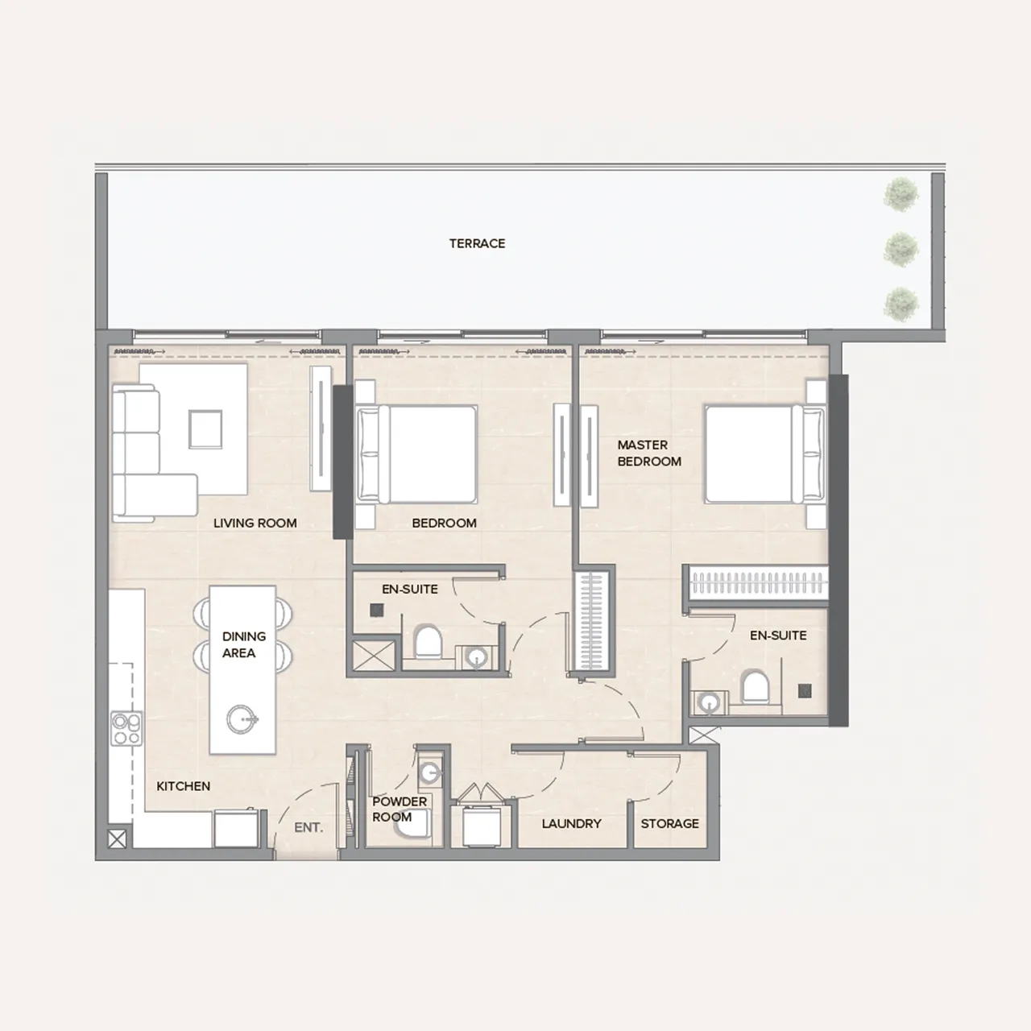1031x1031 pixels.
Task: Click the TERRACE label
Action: pyautogui.click(x=477, y=243)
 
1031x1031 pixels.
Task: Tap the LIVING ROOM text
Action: pyautogui.click(x=255, y=523)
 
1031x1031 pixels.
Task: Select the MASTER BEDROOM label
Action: pyautogui.click(x=649, y=453)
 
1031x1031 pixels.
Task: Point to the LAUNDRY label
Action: pyautogui.click(x=571, y=823)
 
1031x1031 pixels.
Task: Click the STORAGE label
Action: pyautogui.click(x=670, y=823)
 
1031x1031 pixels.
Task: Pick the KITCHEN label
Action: pyautogui.click(x=183, y=786)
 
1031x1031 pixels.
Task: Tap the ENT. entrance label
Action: pyautogui.click(x=308, y=827)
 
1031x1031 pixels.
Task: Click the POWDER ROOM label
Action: pyautogui.click(x=400, y=809)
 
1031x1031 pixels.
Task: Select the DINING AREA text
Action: pyautogui.click(x=244, y=644)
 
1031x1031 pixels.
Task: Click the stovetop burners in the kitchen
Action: pyautogui.click(x=126, y=728)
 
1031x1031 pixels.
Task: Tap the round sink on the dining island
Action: pyautogui.click(x=242, y=719)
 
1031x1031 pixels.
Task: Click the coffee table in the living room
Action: pyautogui.click(x=205, y=429)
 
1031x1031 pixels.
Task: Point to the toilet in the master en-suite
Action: pyautogui.click(x=755, y=688)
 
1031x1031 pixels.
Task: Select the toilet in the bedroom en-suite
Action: pyautogui.click(x=428, y=640)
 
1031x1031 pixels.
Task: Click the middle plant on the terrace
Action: pyautogui.click(x=901, y=250)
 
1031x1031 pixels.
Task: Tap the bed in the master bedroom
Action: pyautogui.click(x=765, y=453)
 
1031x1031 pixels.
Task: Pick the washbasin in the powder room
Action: pyautogui.click(x=429, y=772)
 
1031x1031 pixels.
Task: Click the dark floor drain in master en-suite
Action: pyautogui.click(x=805, y=691)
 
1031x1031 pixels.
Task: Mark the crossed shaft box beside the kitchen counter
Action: pyautogui.click(x=117, y=838)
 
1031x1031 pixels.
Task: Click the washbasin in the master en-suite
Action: pyautogui.click(x=710, y=702)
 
